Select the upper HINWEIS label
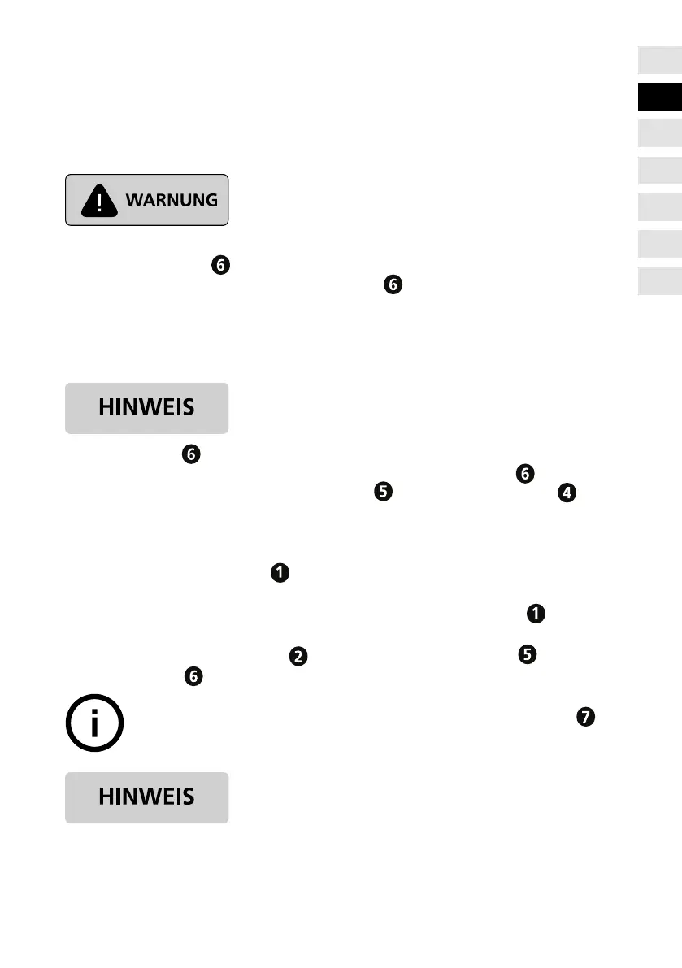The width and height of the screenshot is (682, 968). [x=146, y=408]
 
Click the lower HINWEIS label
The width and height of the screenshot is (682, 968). [x=146, y=797]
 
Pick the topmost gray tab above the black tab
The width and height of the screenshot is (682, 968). [x=659, y=59]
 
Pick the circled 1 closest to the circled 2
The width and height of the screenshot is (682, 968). [x=278, y=574]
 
